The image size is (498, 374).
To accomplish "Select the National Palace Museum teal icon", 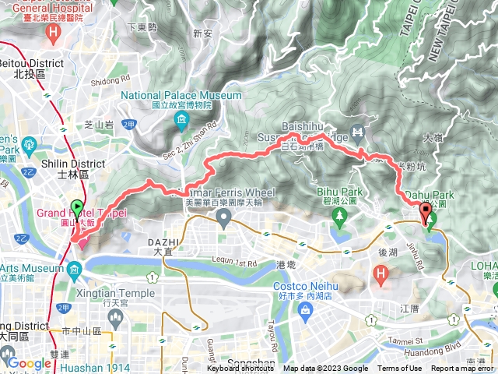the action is [181, 118].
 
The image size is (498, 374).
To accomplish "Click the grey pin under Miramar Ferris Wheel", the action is [224, 221].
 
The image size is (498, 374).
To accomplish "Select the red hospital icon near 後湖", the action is [380, 273].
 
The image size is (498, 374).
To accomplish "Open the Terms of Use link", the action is [399, 369].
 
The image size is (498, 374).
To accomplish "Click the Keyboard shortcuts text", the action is [241, 369].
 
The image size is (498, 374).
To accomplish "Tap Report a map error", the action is [462, 369].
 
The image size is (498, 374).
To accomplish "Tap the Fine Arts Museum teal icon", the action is [74, 271].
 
